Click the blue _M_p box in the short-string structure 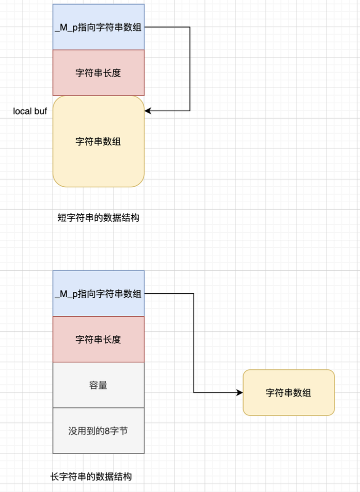(98, 27)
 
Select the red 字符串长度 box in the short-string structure (98, 73)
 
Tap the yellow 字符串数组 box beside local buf (98, 142)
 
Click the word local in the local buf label (22, 111)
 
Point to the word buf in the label (40, 111)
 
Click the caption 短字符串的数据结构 (98, 217)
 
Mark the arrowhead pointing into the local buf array (148, 111)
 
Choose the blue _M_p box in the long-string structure (98, 294)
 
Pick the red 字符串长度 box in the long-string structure (98, 339)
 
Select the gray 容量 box (98, 385)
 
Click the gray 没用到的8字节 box (98, 430)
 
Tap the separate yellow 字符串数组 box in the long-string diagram (288, 392)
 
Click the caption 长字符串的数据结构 (91, 476)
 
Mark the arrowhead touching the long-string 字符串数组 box (239, 393)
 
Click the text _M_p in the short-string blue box (65, 28)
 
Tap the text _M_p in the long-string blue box (65, 294)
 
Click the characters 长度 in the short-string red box (113, 73)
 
